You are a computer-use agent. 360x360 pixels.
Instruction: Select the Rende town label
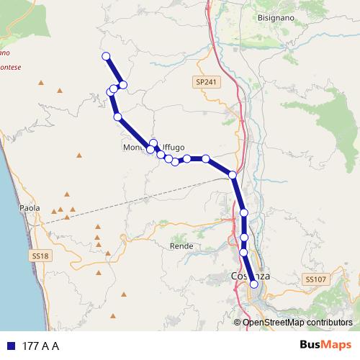(180, 246)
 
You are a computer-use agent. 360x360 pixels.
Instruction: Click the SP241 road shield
(205, 83)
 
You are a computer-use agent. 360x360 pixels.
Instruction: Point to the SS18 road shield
(40, 256)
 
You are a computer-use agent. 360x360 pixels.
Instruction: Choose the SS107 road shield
(314, 279)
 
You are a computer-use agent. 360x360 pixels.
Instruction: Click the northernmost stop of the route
(106, 56)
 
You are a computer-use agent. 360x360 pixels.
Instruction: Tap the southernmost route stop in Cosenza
(253, 284)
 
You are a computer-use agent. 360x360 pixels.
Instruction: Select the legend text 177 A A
(41, 346)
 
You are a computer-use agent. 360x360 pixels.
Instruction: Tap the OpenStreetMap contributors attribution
(297, 323)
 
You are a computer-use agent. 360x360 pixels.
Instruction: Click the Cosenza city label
(250, 276)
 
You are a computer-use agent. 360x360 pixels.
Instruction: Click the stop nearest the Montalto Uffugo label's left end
(150, 149)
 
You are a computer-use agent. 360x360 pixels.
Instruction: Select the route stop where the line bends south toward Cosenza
(233, 175)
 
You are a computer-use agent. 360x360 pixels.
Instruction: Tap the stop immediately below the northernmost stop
(123, 85)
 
